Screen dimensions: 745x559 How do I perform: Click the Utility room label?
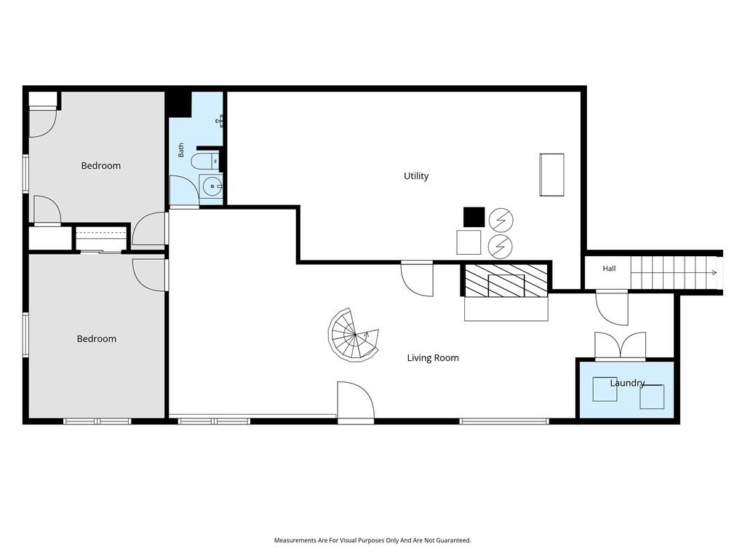415,176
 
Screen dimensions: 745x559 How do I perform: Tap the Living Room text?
433,358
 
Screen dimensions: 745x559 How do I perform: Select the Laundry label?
627,383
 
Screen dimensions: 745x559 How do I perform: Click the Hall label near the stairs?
609,269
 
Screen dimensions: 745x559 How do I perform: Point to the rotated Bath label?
181,150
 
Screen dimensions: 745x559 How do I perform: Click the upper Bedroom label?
100,166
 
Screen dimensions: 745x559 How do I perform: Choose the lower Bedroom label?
97,339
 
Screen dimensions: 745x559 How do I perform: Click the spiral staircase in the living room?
354,335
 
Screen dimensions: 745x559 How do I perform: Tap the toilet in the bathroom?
205,161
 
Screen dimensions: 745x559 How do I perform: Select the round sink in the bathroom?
210,186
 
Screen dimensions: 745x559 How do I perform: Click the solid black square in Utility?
474,217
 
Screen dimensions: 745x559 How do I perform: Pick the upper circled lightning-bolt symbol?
501,220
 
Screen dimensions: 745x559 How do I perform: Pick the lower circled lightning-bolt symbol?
501,246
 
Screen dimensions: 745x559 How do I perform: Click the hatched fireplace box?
506,280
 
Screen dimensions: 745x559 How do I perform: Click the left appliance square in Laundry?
605,389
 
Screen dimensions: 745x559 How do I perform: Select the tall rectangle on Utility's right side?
551,175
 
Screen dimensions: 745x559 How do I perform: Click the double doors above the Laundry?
621,346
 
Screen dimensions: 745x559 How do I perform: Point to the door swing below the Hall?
612,308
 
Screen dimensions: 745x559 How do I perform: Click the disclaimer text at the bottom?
372,541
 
